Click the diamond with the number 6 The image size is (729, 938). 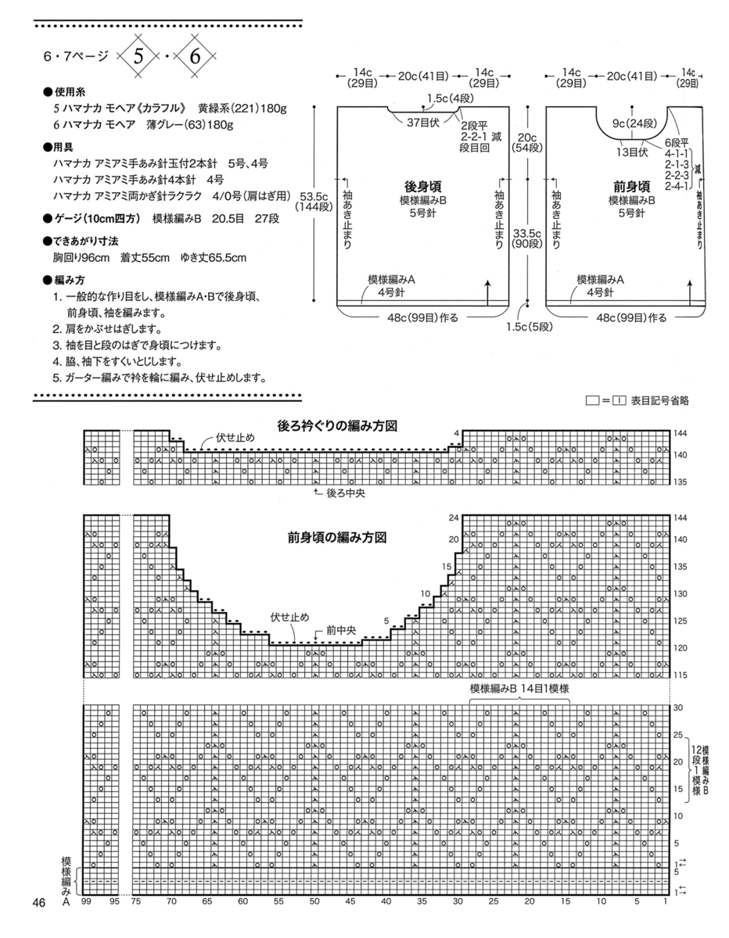pos(195,56)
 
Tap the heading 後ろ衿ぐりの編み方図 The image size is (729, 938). pos(339,426)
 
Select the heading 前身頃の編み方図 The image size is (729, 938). pos(339,538)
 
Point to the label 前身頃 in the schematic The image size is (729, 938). pos(632,187)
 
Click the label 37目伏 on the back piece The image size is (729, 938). pos(423,123)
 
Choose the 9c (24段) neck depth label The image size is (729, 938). pos(632,123)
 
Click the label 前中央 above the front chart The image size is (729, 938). pos(341,628)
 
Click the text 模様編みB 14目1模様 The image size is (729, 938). pos(519,687)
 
